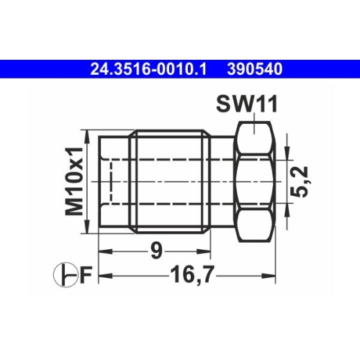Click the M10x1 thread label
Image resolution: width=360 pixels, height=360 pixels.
click(74, 181)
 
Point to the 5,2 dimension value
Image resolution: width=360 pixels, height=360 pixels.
click(302, 181)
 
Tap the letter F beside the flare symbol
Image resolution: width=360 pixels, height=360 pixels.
click(85, 276)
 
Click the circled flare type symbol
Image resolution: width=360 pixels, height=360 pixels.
click(65, 276)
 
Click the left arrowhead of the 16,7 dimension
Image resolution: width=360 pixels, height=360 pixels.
click(102, 276)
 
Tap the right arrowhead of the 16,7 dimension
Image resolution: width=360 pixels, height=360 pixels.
click(273, 276)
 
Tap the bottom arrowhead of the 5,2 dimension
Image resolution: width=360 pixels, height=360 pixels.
click(287, 209)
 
